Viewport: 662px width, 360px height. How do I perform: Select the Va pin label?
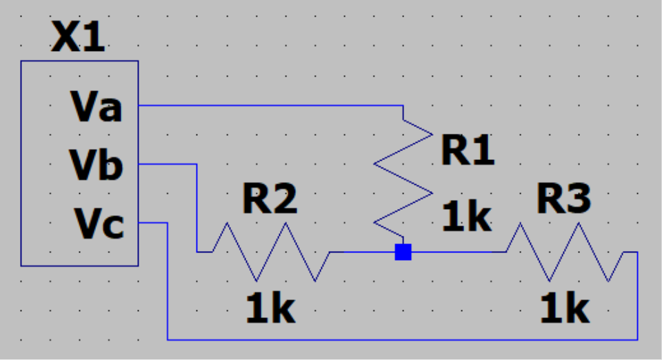point(96,108)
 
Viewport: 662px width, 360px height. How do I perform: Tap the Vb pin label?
point(96,166)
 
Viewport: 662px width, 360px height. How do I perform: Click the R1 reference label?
point(468,151)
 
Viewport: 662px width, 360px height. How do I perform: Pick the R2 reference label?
point(270,199)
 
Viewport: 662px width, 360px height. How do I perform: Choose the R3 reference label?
point(564,200)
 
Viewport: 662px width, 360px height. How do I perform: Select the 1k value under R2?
point(270,310)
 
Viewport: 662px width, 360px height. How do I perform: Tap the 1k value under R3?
point(565,310)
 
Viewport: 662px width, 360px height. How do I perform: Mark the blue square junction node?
point(403,252)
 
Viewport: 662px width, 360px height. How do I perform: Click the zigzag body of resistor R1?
point(403,176)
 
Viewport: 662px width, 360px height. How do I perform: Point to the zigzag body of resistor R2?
point(272,252)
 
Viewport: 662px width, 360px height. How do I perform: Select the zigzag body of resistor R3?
point(565,252)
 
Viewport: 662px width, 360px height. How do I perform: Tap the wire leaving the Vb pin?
point(169,164)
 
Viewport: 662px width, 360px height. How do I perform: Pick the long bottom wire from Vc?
point(400,339)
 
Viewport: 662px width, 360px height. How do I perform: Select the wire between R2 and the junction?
point(362,252)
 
